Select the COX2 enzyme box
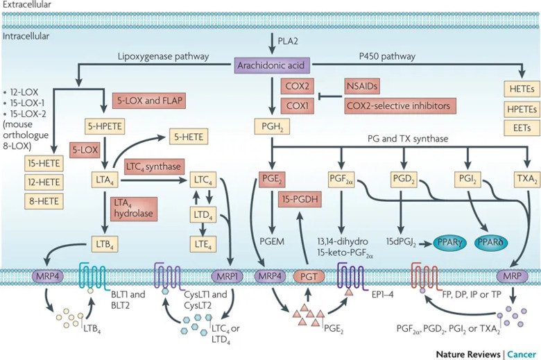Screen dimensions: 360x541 click(x=294, y=87)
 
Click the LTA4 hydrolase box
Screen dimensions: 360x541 click(x=134, y=207)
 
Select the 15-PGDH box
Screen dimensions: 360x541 click(x=299, y=200)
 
